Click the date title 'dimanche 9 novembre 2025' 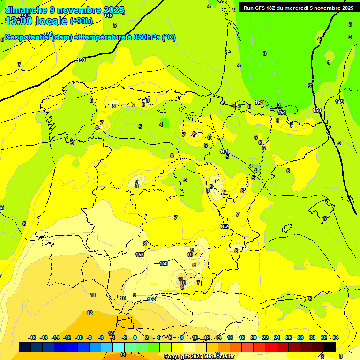64,10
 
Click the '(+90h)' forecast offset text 81,21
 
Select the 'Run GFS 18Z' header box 297,7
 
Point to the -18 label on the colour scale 32,337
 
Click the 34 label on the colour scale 336,337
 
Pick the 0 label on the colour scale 135,337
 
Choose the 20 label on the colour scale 253,337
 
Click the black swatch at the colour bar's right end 330,347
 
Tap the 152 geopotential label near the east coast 224,226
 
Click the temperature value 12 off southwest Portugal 90,313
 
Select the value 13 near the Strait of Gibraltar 111,333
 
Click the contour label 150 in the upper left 81,60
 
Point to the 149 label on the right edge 339,102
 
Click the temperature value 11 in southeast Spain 181,279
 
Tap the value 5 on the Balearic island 324,218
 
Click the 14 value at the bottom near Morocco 123,355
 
